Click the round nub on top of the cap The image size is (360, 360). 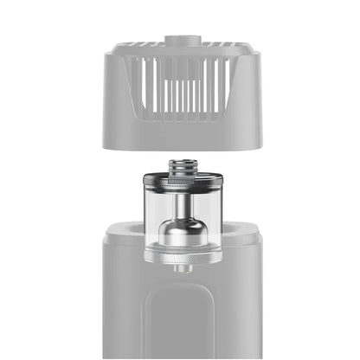tap(180, 41)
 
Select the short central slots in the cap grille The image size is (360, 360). tap(180, 95)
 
